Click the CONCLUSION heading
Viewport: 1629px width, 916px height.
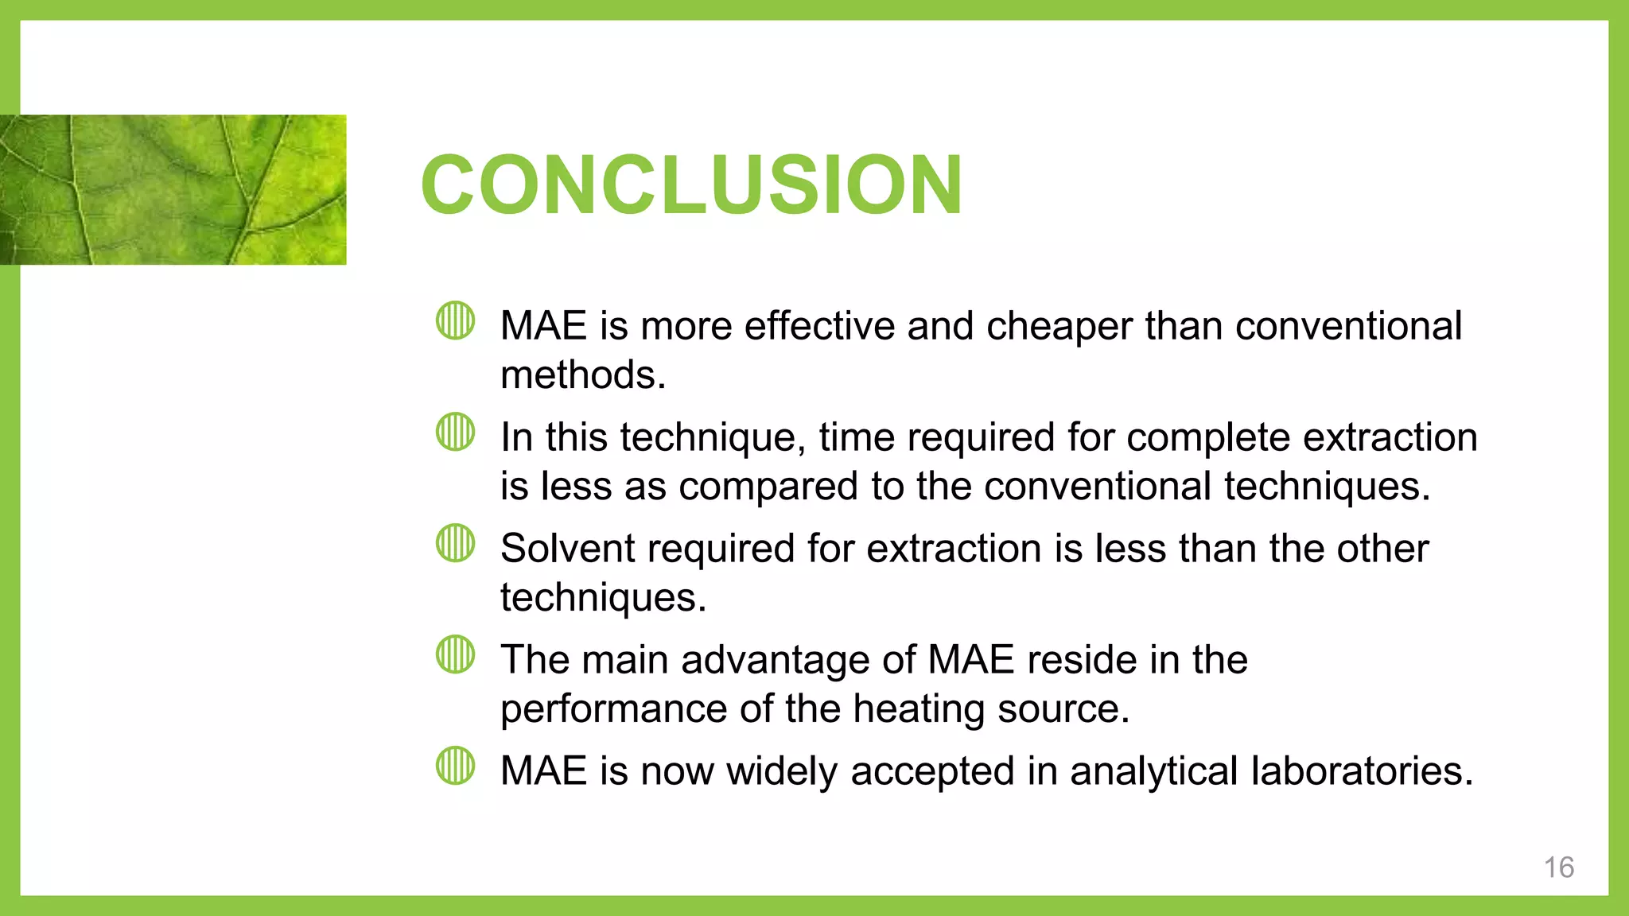pyautogui.click(x=691, y=184)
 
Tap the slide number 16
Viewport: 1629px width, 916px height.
pyautogui.click(x=1558, y=867)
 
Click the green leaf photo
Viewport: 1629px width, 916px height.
pyautogui.click(x=173, y=189)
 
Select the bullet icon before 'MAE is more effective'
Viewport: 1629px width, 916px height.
pyautogui.click(x=456, y=320)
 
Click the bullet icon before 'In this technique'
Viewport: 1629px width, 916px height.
pyautogui.click(x=456, y=432)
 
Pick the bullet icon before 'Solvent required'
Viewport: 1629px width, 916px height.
pyautogui.click(x=456, y=543)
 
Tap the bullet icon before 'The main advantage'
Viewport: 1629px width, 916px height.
pyautogui.click(x=456, y=654)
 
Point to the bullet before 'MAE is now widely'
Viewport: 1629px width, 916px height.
pyautogui.click(x=456, y=766)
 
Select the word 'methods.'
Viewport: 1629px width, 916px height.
pyautogui.click(x=583, y=375)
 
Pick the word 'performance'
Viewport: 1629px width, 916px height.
pyautogui.click(x=613, y=708)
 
